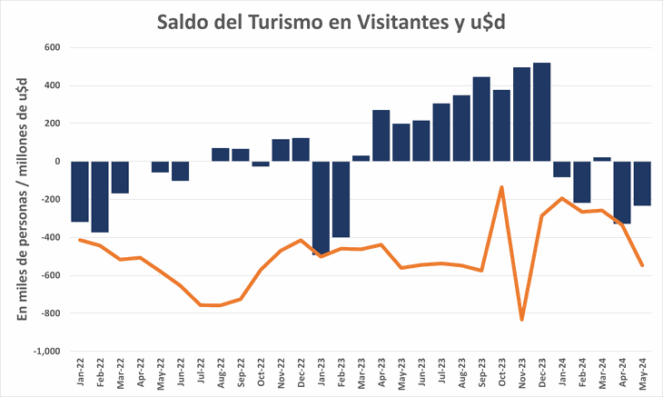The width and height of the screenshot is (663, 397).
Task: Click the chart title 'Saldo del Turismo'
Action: [x=331, y=22]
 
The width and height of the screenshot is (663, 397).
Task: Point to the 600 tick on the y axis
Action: [x=51, y=47]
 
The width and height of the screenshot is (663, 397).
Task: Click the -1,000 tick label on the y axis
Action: [x=45, y=351]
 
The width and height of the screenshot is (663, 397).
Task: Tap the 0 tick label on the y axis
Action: [x=56, y=162]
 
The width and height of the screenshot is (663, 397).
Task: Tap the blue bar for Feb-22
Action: [x=100, y=196]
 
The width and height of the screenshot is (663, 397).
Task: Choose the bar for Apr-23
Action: [x=381, y=135]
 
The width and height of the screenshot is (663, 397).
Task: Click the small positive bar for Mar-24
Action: [x=602, y=159]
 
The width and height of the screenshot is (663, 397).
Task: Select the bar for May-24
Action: [x=642, y=184]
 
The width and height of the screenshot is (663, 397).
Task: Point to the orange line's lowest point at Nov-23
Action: [x=522, y=319]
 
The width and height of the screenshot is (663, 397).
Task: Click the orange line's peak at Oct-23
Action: [x=502, y=187]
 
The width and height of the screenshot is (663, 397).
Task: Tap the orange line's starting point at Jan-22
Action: [x=80, y=240]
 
